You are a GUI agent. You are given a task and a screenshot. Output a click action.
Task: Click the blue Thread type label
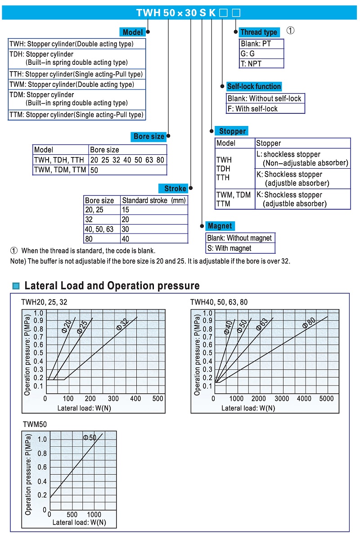(x=258, y=32)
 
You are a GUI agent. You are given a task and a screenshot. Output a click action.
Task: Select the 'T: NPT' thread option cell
(x=261, y=63)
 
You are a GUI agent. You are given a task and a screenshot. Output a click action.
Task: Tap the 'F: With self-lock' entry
(x=265, y=108)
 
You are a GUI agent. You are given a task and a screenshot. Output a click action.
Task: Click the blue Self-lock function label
(x=254, y=86)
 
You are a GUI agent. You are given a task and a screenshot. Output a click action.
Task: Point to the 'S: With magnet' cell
(x=240, y=248)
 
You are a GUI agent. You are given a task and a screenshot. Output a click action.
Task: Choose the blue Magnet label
(x=220, y=226)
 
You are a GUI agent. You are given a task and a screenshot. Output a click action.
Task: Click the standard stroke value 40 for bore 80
(x=126, y=239)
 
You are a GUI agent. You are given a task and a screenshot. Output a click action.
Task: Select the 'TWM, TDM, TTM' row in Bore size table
(x=60, y=170)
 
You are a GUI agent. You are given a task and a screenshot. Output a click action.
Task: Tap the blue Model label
(x=132, y=32)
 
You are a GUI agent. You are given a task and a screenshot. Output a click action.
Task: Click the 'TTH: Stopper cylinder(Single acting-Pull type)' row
(x=76, y=74)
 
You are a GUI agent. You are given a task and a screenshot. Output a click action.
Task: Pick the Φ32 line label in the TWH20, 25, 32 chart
(x=122, y=324)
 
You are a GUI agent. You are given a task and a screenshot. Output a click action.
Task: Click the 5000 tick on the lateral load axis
(x=326, y=399)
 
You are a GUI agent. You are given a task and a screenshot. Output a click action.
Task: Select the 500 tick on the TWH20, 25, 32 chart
(x=157, y=399)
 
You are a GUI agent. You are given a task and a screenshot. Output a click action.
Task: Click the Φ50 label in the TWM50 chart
(x=90, y=437)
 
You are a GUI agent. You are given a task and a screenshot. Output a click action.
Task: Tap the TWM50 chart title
(x=35, y=424)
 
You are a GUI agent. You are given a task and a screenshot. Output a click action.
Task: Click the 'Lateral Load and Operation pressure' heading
(x=112, y=285)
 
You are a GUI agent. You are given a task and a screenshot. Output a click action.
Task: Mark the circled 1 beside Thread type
(x=291, y=31)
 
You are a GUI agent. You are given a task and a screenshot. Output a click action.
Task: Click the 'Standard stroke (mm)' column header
(x=153, y=200)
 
